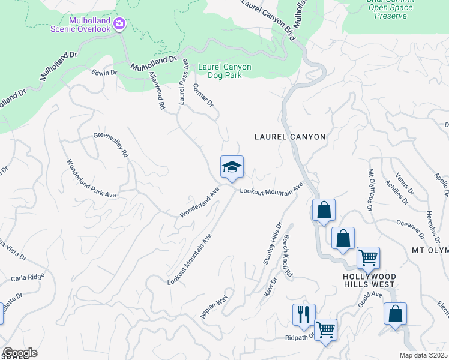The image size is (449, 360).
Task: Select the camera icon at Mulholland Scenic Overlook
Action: [119, 23]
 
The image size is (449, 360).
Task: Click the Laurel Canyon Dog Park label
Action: [220, 71]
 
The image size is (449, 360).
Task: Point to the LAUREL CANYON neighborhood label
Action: [290, 137]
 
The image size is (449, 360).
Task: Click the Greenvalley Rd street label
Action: [112, 145]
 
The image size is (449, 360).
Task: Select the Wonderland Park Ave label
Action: [91, 178]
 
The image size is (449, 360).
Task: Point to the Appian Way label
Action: [214, 308]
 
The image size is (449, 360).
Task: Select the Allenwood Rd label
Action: [157, 89]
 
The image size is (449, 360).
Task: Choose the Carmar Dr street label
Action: [203, 95]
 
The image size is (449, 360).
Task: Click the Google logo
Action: [19, 353]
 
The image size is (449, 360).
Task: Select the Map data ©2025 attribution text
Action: [424, 355]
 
